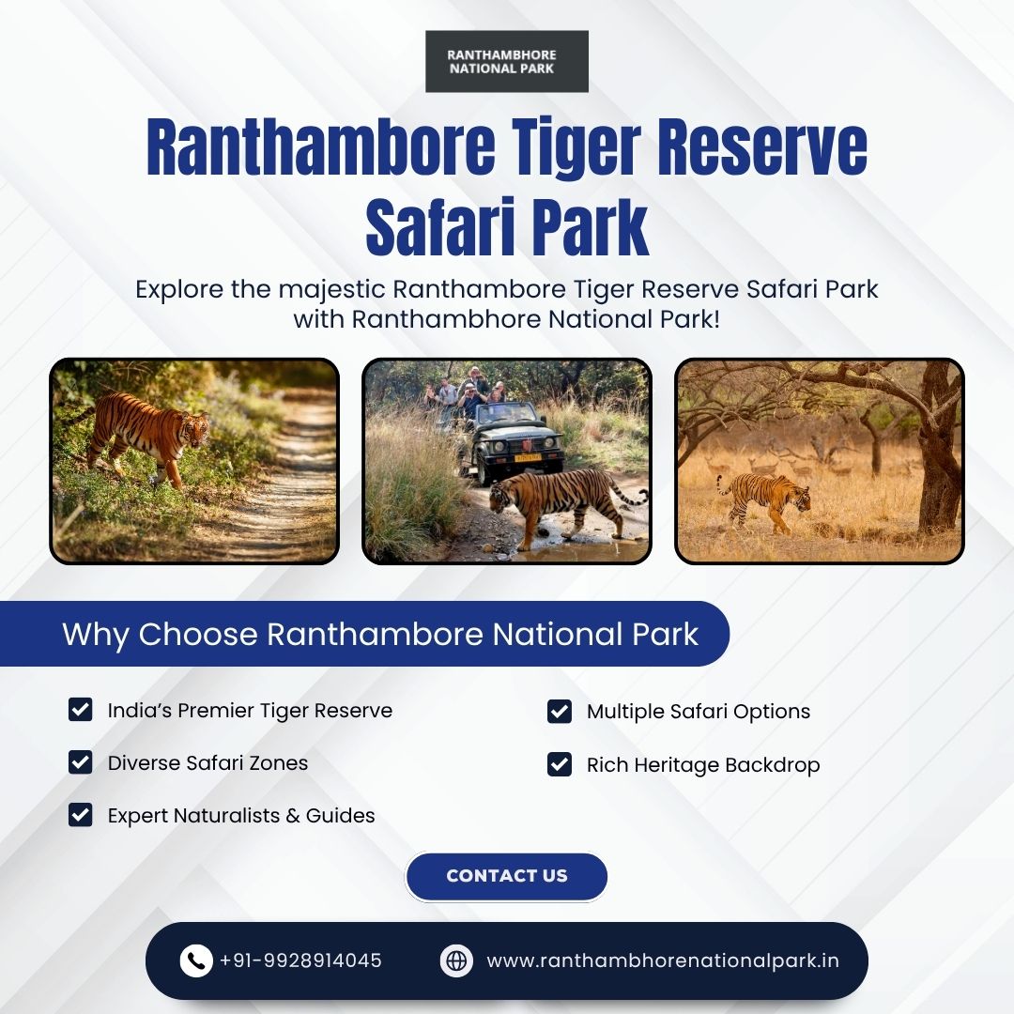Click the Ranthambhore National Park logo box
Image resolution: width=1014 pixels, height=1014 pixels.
click(x=506, y=61)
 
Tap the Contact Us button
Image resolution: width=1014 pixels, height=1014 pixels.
click(x=506, y=876)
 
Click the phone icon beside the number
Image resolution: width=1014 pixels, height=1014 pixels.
click(x=196, y=960)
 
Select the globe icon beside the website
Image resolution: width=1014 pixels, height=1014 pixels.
click(x=456, y=960)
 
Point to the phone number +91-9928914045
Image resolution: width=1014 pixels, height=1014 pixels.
click(x=300, y=960)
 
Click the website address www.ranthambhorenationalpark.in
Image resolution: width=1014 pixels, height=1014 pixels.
click(x=663, y=961)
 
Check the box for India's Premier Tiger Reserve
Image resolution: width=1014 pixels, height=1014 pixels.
click(x=80, y=710)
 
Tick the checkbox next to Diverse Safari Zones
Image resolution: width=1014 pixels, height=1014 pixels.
click(x=80, y=761)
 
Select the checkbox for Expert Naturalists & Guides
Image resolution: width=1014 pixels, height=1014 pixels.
click(x=80, y=815)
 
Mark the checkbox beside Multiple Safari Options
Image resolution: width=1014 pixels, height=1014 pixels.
click(x=560, y=711)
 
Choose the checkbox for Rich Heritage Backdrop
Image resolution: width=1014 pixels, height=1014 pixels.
click(x=560, y=763)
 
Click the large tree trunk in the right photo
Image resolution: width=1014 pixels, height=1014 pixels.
click(x=939, y=453)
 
